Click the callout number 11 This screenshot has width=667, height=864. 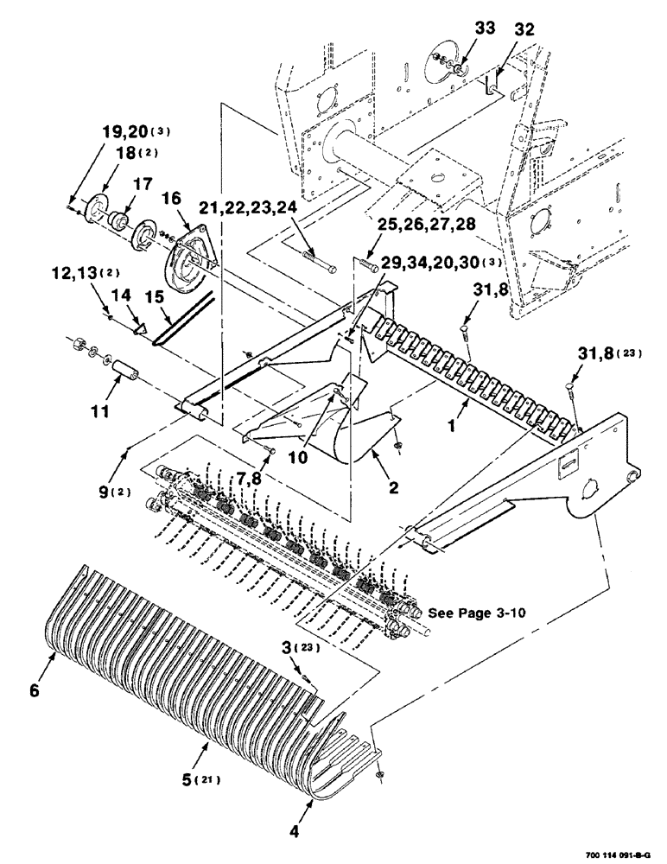(100, 411)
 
